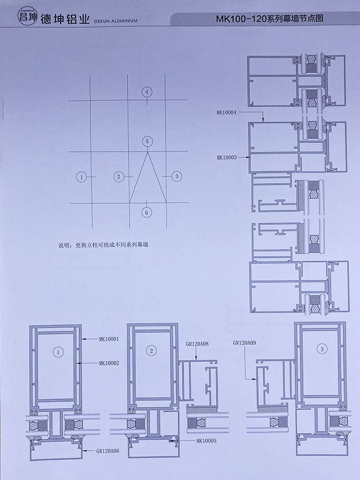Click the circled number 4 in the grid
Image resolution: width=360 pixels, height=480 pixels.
click(x=147, y=92)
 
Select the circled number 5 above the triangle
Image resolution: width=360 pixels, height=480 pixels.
click(x=147, y=141)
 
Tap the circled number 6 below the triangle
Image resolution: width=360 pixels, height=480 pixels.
click(x=147, y=212)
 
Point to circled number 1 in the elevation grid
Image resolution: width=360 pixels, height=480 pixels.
click(x=80, y=176)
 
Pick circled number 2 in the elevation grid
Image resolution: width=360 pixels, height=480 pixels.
click(x=118, y=176)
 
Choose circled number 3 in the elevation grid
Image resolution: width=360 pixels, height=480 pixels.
click(x=176, y=176)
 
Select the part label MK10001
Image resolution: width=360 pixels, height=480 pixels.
click(x=109, y=339)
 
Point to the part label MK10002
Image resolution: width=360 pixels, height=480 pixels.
click(x=109, y=363)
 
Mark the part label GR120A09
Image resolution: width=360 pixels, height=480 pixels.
click(x=244, y=342)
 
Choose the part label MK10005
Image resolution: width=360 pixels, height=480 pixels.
click(x=207, y=441)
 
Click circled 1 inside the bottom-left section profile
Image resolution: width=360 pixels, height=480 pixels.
click(x=58, y=352)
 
